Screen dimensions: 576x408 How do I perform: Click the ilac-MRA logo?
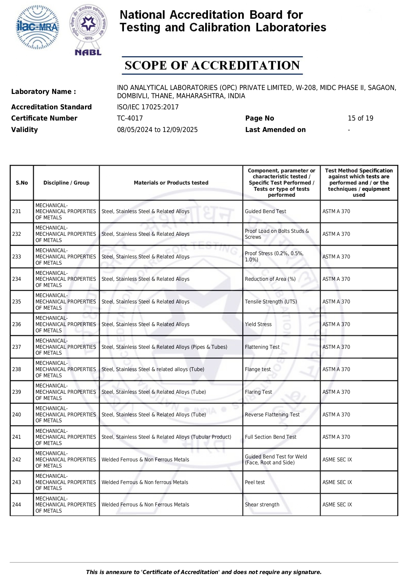pos(37,28)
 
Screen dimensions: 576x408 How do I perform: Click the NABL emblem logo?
pos(88,30)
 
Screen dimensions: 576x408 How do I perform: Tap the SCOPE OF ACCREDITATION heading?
pos(212,65)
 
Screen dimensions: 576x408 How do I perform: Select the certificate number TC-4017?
pos(130,118)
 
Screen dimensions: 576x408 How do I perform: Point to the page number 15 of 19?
pos(360,118)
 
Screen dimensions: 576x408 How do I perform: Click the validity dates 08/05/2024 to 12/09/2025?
pos(157,130)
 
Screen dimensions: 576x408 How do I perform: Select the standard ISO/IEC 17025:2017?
pos(148,107)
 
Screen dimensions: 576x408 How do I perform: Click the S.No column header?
pos(22,183)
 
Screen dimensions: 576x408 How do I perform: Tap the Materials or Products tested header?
pos(171,183)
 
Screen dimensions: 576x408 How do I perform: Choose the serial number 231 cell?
pos(17,211)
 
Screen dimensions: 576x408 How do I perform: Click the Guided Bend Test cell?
pos(265,211)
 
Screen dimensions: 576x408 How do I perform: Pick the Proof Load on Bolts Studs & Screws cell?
pos(277,234)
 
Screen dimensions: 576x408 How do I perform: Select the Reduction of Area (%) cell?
pos(270,279)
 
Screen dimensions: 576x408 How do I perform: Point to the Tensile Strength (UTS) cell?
pos(271,302)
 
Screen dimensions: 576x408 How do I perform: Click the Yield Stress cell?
pos(258,324)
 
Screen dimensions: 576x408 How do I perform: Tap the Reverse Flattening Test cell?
pos(272,415)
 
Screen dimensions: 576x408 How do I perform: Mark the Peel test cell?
pos(255,482)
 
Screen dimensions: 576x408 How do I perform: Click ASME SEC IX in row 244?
pos(337,505)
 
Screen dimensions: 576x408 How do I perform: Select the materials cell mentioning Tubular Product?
pos(166,437)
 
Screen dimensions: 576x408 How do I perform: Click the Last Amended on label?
pos(275,130)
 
